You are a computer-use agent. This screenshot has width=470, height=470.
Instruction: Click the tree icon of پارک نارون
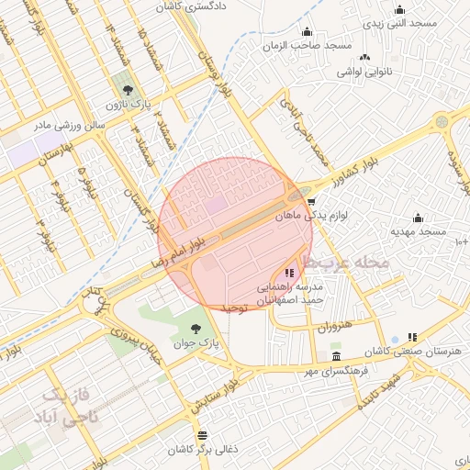127,90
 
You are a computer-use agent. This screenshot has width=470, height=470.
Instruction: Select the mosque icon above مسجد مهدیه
419,218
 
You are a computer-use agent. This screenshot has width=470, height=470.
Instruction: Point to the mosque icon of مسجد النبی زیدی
399,9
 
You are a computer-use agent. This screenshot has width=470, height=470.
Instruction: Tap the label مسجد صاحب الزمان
302,44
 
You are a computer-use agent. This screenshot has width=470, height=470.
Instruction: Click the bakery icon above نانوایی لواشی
364,57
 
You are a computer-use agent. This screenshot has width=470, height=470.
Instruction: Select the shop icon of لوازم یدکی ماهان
312,202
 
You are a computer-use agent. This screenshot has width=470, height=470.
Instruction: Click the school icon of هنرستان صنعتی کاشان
412,337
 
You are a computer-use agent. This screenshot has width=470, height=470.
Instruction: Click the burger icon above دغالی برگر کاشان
202,435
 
